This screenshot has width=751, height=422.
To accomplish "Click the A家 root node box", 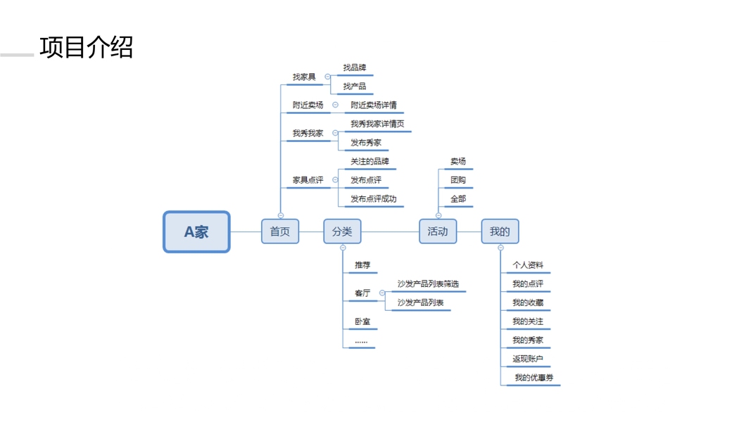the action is [196, 231].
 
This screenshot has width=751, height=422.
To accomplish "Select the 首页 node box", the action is [280, 231].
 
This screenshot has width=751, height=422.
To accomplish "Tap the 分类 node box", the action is [342, 231].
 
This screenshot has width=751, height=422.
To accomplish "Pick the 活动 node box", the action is [438, 231].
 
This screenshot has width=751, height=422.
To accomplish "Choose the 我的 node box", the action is [500, 231].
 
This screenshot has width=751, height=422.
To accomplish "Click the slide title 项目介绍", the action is [86, 47].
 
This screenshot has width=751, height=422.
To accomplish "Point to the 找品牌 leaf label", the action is [355, 68].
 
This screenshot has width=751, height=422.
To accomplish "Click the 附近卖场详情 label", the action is [374, 105].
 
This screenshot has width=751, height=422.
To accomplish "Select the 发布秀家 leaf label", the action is [366, 143].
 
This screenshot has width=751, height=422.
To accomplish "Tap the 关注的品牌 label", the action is [370, 161].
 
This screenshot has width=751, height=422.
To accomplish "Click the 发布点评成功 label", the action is [374, 198].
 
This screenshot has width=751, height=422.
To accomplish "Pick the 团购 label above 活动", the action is [458, 180].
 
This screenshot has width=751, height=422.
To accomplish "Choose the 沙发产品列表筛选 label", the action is [428, 283].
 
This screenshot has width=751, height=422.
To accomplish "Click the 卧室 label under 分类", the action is [362, 321].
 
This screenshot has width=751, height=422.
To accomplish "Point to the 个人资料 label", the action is [528, 265].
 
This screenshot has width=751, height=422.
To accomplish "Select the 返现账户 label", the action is [528, 359].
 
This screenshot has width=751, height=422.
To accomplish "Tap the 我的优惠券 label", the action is [534, 378].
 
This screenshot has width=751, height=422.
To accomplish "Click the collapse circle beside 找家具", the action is [327, 77].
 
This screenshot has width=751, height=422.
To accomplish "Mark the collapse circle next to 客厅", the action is [382, 293].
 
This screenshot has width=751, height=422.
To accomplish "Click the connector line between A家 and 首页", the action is [246, 231].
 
